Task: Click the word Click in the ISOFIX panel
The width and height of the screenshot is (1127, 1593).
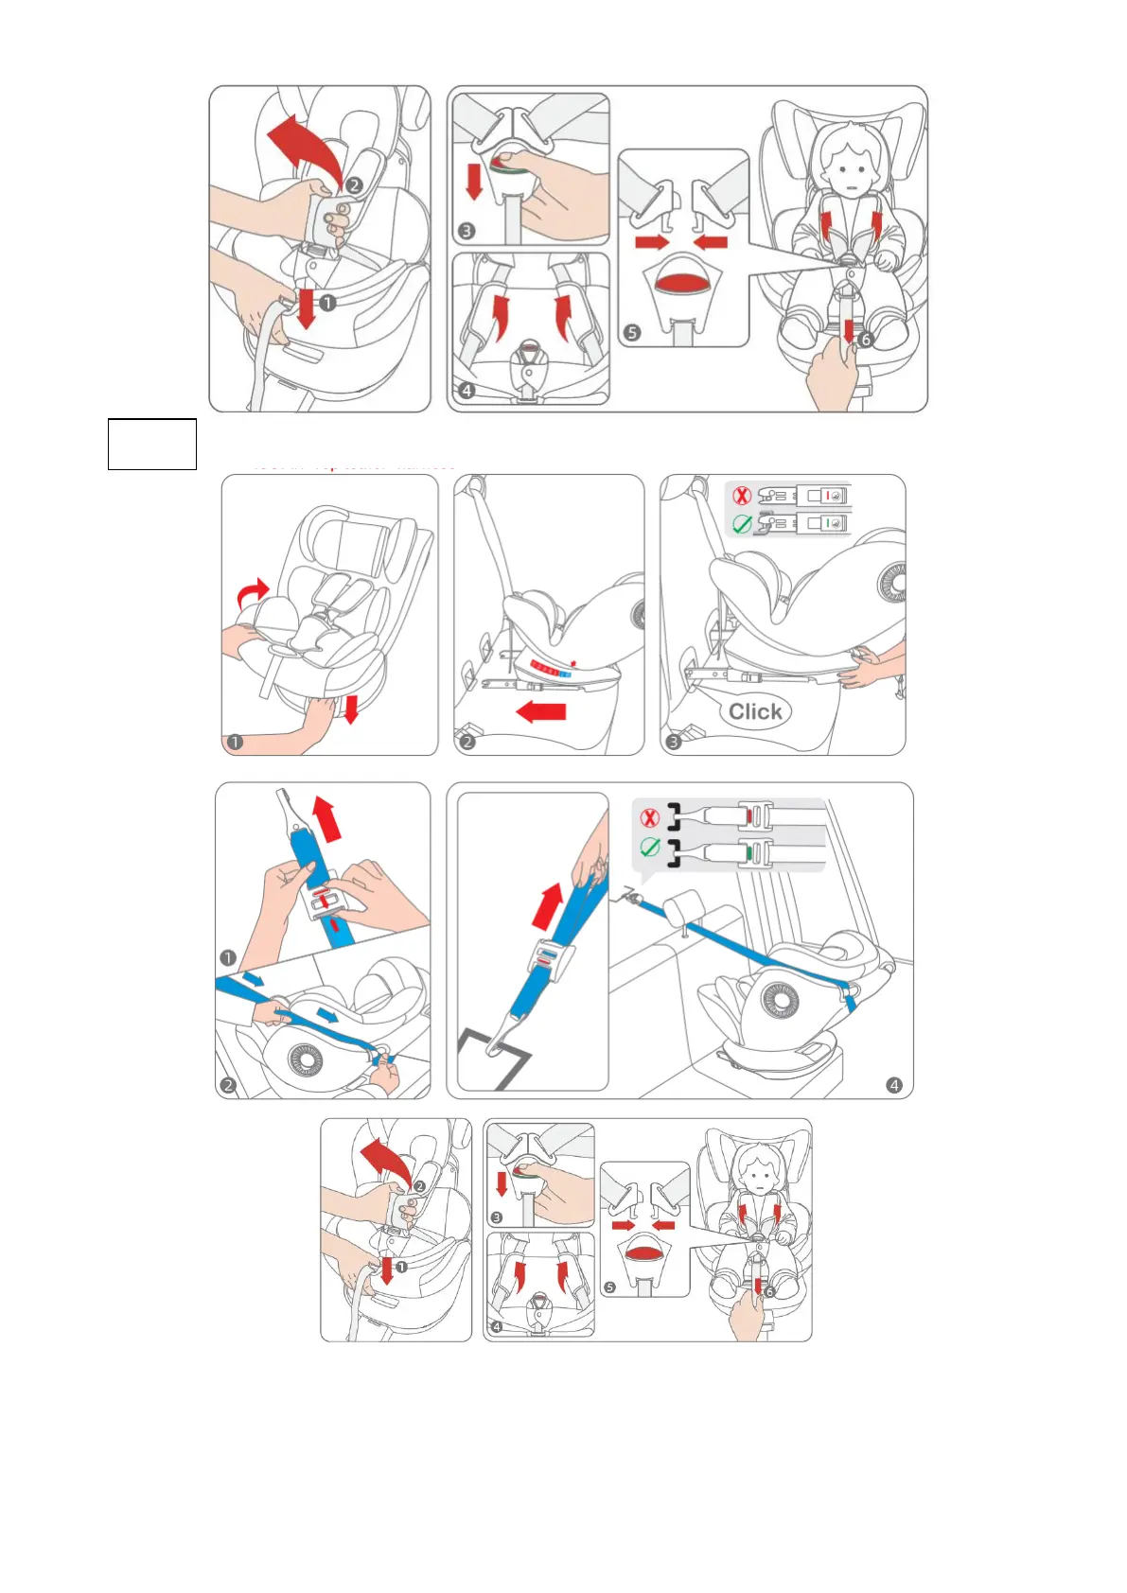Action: (755, 711)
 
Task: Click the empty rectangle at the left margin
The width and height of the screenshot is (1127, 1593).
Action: (151, 444)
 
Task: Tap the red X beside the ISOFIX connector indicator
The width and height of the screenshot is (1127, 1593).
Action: (742, 495)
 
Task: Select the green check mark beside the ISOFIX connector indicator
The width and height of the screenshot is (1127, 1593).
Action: (742, 523)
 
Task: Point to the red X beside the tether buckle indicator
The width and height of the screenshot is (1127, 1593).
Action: (649, 818)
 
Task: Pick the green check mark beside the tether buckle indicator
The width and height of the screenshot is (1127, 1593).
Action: (649, 848)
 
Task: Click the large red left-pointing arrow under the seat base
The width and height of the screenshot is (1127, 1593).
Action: (541, 711)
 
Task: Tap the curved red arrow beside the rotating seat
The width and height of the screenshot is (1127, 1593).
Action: (252, 594)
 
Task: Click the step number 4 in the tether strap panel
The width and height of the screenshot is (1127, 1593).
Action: (894, 1085)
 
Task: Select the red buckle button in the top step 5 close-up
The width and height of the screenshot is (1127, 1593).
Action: (682, 282)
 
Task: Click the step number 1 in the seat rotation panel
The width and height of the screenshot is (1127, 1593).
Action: (235, 742)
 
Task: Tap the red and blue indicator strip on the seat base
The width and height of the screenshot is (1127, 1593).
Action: (549, 670)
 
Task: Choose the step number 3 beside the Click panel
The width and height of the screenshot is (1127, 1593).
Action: (673, 742)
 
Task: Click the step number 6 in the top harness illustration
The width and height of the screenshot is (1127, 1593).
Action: (865, 340)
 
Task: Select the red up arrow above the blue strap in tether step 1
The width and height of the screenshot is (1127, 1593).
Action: (326, 818)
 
